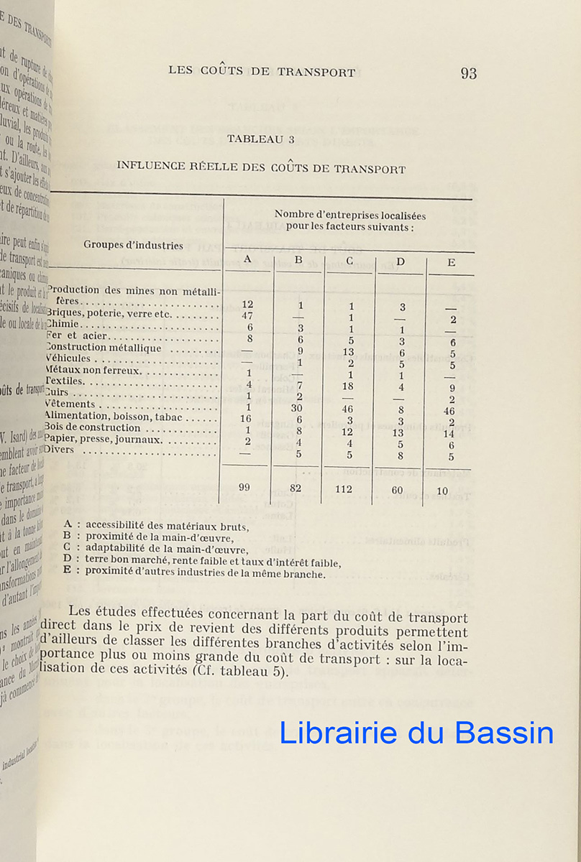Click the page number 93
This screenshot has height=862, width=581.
click(469, 73)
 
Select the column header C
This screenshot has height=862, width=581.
click(349, 260)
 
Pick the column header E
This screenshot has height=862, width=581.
click(451, 262)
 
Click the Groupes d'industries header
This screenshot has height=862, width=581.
click(133, 244)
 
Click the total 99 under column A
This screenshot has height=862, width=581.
click(244, 488)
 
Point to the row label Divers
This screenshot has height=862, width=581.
click(64, 450)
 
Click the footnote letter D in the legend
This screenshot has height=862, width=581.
click(67, 558)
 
